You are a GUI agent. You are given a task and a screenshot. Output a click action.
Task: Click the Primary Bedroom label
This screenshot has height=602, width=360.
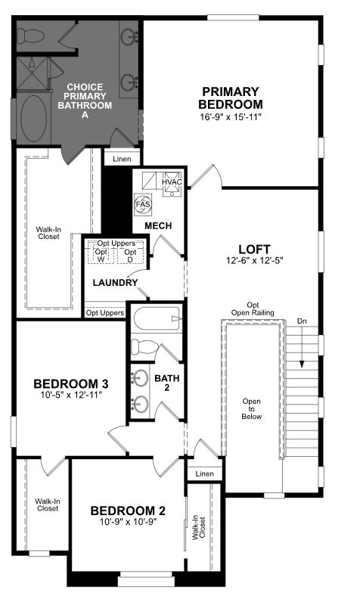[231, 98]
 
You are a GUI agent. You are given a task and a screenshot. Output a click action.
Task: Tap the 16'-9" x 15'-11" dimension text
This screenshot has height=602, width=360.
[231, 116]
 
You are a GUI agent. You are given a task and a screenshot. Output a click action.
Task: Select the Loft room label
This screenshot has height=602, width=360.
[254, 249]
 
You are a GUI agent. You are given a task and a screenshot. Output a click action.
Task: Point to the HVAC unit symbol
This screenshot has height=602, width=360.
[172, 184]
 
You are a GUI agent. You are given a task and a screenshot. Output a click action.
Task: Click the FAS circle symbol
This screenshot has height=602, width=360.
[143, 204]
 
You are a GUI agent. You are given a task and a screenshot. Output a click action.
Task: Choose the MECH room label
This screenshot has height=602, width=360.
[158, 225]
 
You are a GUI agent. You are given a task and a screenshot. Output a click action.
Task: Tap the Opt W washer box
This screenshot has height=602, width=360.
[101, 256]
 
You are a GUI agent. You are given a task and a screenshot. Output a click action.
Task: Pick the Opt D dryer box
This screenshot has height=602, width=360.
[130, 256]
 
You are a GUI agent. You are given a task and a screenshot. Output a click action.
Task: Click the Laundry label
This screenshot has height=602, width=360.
[115, 283]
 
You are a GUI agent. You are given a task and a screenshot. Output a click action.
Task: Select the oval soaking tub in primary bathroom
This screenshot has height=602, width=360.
[34, 119]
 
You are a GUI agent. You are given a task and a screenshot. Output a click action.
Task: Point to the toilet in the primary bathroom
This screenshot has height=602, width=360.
[31, 36]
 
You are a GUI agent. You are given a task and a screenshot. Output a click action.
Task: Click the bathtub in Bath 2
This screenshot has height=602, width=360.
[157, 318]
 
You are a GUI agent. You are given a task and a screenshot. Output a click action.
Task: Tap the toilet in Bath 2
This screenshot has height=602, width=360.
[144, 346]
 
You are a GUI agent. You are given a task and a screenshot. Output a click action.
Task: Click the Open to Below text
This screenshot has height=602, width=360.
[252, 409]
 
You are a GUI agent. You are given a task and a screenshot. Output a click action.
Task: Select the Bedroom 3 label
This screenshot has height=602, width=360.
[71, 383]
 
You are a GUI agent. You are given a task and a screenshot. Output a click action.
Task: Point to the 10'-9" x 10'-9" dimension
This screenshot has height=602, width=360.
[128, 521]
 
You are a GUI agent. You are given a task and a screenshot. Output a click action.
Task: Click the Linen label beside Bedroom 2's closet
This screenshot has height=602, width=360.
[204, 473]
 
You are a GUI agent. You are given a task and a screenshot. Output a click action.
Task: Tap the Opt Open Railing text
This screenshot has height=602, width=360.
[253, 309]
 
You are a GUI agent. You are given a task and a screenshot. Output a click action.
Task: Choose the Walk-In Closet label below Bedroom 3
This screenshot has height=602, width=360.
[48, 505]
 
